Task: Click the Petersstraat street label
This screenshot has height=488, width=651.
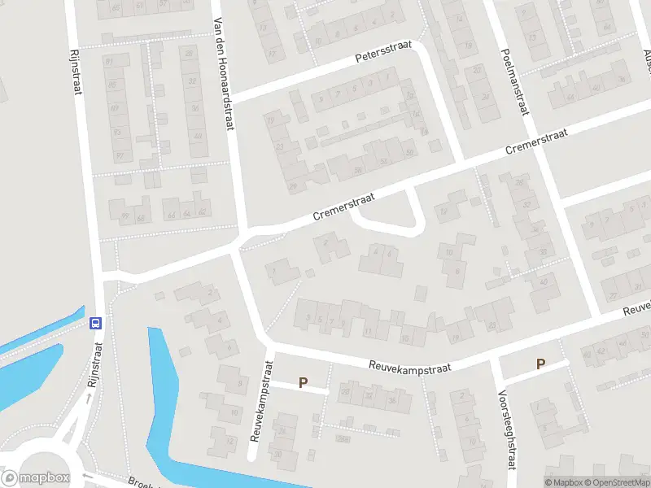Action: pos(383,53)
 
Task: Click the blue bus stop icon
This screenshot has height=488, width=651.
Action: pos(95,322)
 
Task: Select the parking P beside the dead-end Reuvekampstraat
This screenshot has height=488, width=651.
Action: pos(304,382)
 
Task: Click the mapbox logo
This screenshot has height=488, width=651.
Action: pos(37,478)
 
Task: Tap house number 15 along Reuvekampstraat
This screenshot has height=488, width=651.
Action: pos(404,338)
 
